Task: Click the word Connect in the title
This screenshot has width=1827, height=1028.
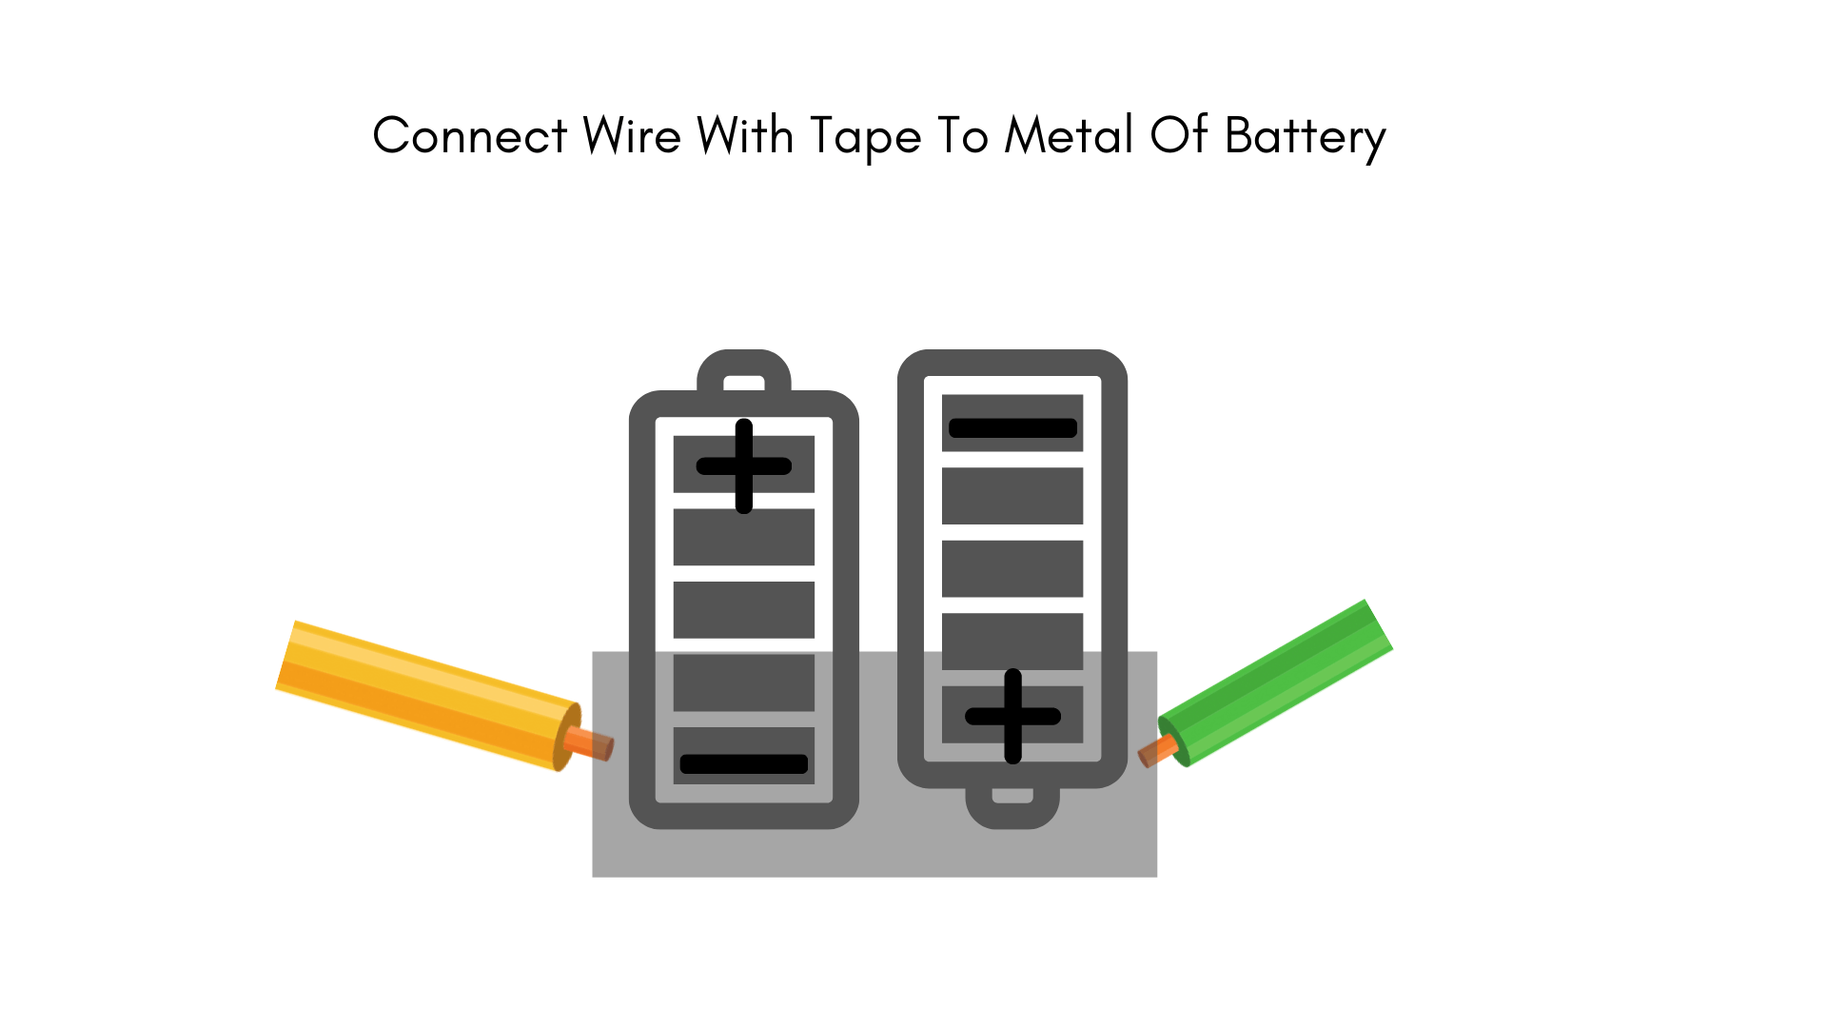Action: tap(470, 136)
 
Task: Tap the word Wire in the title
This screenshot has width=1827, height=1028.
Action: tap(632, 136)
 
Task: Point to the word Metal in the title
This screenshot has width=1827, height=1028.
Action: tap(1069, 136)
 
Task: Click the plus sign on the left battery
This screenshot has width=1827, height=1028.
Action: tap(744, 465)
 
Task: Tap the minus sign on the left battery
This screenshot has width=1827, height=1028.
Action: tap(744, 763)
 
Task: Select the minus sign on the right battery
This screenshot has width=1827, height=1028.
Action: tap(1012, 428)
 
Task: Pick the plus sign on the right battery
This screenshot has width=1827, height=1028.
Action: tap(1012, 716)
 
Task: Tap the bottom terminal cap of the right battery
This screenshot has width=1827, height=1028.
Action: tap(1012, 807)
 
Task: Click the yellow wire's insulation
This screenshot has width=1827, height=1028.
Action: tap(428, 695)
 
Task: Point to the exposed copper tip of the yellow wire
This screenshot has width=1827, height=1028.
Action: tap(590, 742)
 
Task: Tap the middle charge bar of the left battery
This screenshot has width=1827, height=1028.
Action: tap(744, 610)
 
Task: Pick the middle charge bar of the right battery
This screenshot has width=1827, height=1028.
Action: tap(1012, 568)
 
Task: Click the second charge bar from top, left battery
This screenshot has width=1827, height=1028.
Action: tap(744, 537)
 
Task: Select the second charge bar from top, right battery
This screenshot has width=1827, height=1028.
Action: tap(1012, 496)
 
